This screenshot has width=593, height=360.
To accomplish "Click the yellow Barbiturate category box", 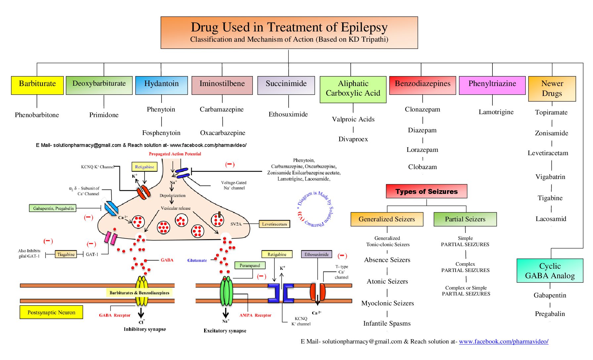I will [37, 85].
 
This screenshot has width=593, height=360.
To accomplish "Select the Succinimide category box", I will [286, 85].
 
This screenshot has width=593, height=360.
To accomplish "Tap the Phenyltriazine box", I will [492, 85].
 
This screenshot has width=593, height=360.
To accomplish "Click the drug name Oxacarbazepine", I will [223, 133].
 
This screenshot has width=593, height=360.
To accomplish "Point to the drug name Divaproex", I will [353, 139].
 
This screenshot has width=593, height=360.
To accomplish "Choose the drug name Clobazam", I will [423, 167].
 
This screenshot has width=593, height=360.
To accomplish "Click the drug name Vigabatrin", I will [550, 177].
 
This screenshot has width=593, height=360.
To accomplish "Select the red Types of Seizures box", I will [427, 191].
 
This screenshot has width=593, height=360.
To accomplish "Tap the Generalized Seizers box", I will [387, 219].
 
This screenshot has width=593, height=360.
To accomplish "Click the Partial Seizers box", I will [465, 219].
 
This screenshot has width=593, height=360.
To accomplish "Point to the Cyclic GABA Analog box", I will [550, 271].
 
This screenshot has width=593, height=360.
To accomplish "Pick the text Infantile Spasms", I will [387, 324].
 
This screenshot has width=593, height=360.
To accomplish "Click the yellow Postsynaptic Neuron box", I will [51, 312].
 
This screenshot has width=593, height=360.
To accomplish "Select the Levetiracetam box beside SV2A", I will [274, 224].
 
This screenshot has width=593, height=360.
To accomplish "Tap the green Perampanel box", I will [250, 265].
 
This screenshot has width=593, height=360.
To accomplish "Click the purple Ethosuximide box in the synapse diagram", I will [316, 254].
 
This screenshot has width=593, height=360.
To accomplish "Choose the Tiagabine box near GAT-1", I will [66, 254].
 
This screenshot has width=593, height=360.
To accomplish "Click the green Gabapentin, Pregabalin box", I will [53, 208].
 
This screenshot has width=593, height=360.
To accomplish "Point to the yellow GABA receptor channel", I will [142, 291].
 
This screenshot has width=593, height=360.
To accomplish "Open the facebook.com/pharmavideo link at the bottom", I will [503, 341].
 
